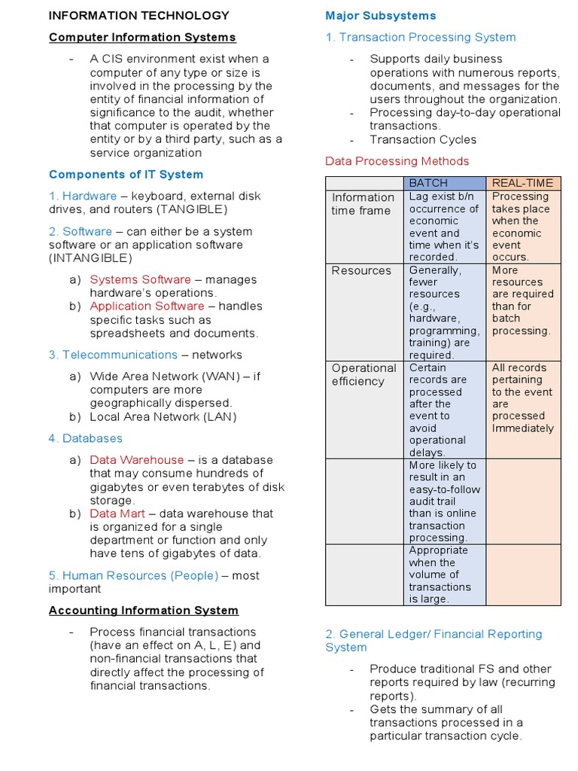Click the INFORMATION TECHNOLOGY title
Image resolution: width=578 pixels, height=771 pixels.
(x=139, y=16)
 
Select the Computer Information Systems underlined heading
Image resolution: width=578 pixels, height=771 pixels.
(x=142, y=38)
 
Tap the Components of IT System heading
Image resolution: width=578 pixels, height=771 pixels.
(x=126, y=175)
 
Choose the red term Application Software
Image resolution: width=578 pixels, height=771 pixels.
(x=147, y=306)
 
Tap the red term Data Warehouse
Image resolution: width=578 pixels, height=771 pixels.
(x=136, y=460)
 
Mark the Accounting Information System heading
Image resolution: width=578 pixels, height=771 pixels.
(x=144, y=611)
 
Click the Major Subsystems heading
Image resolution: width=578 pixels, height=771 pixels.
(x=380, y=16)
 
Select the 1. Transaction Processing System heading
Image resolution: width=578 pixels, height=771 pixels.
(x=421, y=38)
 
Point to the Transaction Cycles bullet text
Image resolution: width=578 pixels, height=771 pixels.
(x=423, y=140)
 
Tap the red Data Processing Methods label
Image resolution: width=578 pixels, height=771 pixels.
(x=397, y=161)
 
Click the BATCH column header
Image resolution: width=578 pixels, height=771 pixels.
(x=428, y=183)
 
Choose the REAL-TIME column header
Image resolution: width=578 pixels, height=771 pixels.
(x=522, y=183)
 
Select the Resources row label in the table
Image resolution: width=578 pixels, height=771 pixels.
(x=361, y=271)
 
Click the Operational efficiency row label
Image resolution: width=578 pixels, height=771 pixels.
(x=364, y=375)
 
